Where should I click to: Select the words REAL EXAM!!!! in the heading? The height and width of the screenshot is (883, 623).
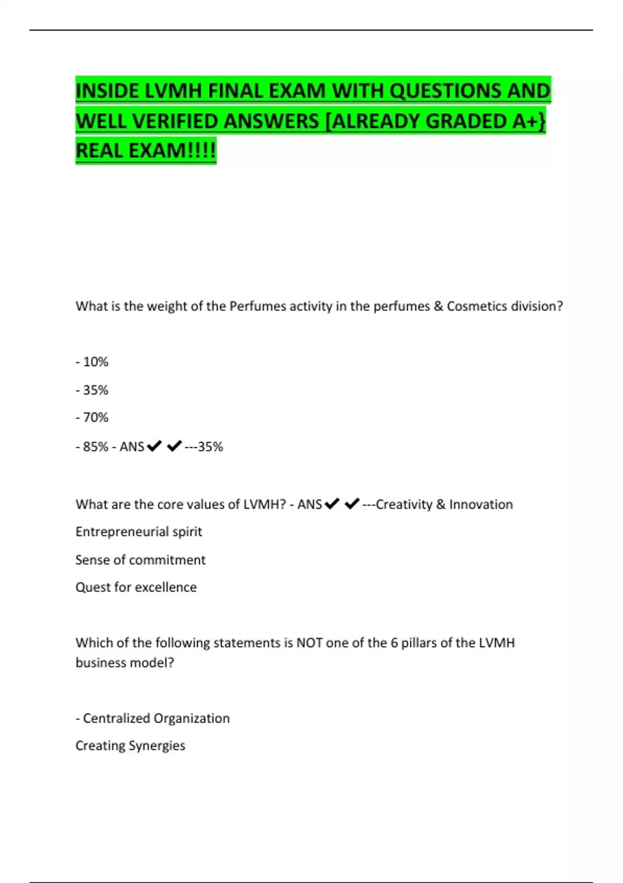[x=145, y=151]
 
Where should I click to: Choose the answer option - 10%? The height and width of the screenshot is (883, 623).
[x=92, y=362]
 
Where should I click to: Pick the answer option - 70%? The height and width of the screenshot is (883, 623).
[x=92, y=418]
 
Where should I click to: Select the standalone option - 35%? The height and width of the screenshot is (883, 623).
[x=92, y=390]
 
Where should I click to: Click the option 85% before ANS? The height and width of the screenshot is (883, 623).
[x=96, y=447]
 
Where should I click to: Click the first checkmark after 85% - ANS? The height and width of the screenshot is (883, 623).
[x=154, y=446]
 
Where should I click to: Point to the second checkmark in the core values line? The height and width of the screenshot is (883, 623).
[x=351, y=504]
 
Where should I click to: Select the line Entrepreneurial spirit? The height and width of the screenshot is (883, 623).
[x=139, y=532]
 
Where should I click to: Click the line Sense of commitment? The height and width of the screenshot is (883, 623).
[x=140, y=560]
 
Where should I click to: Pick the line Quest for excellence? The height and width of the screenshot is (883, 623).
[x=136, y=587]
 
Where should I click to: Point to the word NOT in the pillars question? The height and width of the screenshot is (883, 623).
[x=309, y=643]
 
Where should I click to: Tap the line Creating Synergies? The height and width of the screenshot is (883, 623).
[x=130, y=746]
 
